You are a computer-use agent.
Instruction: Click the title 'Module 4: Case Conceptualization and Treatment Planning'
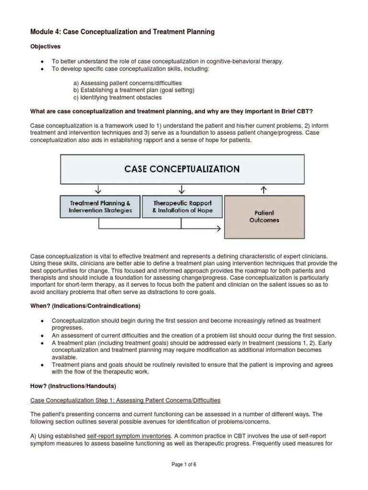click(x=122, y=32)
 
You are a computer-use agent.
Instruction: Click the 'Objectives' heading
click(x=46, y=47)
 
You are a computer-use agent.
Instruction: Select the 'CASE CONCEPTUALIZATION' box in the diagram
click(x=182, y=168)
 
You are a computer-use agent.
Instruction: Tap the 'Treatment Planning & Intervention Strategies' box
click(x=100, y=207)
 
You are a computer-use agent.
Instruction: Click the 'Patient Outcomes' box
click(x=264, y=217)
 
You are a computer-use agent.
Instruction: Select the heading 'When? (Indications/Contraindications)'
click(x=86, y=306)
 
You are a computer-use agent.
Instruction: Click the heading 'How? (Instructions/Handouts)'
click(x=73, y=386)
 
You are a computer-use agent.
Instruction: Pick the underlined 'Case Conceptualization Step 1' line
click(x=126, y=400)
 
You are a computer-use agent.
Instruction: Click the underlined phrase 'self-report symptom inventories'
click(x=128, y=436)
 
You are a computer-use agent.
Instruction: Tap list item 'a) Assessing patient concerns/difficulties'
click(x=127, y=83)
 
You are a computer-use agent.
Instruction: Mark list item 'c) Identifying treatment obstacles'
click(x=117, y=97)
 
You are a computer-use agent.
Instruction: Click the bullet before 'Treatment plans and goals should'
click(x=43, y=365)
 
